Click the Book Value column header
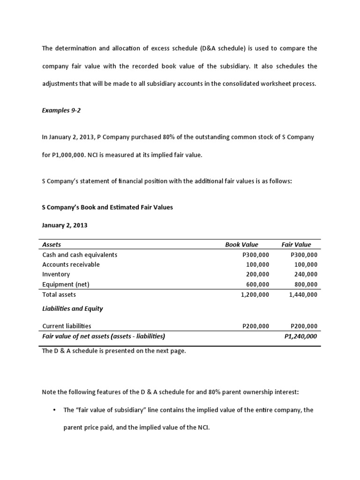(241, 244)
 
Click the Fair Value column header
(296, 244)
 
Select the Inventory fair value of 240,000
(304, 274)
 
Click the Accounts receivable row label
(71, 264)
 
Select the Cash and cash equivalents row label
(80, 255)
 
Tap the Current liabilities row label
(67, 326)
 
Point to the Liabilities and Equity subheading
(72, 308)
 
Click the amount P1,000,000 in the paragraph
(71, 155)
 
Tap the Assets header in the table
(52, 244)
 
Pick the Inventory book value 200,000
(257, 274)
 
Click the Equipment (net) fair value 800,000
(304, 285)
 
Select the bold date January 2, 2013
(65, 225)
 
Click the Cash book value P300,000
(255, 255)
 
